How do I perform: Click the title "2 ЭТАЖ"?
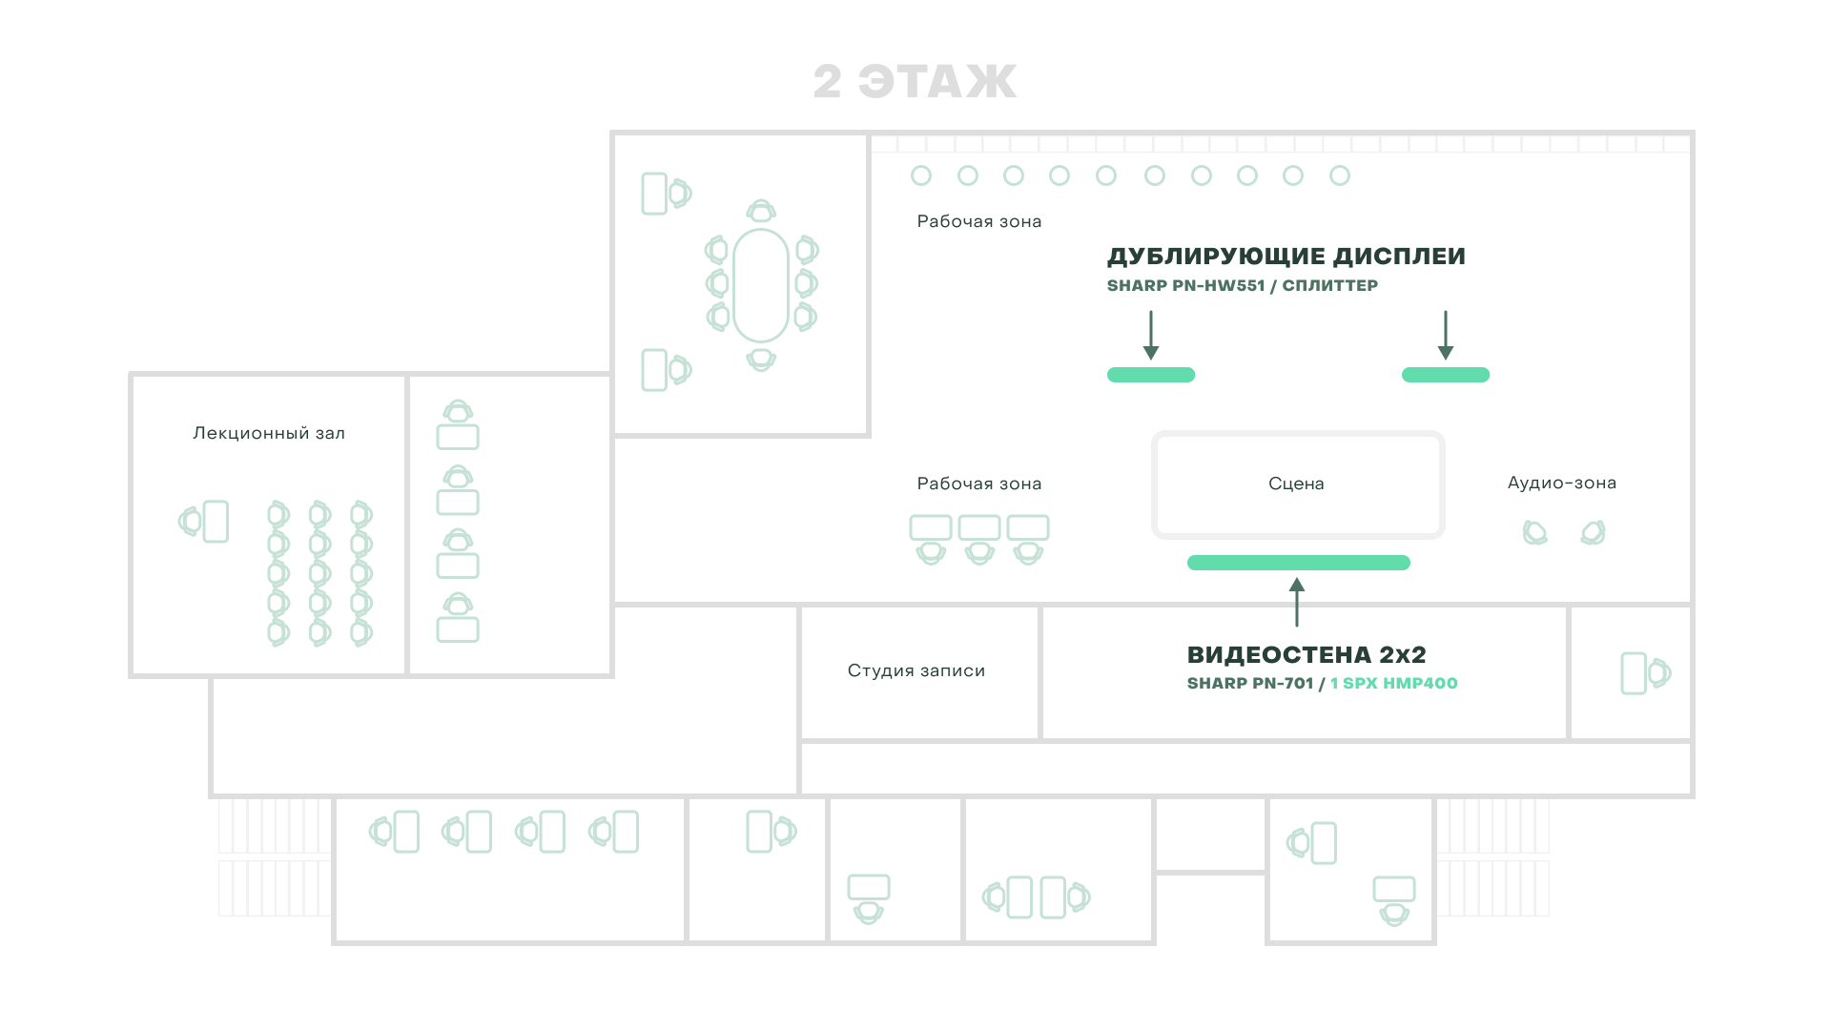tap(915, 81)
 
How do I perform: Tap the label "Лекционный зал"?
tap(269, 433)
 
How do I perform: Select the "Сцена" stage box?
tap(1298, 434)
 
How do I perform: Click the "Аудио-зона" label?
tap(1562, 483)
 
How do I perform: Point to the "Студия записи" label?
tap(916, 670)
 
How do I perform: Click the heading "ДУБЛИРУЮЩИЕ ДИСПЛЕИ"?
tap(1286, 257)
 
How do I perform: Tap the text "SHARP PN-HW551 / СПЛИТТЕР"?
tap(1243, 285)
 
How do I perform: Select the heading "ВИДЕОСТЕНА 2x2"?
tap(1306, 655)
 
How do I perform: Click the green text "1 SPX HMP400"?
tap(1394, 683)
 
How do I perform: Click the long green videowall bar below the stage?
tap(1299, 563)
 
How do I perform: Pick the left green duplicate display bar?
tap(1151, 375)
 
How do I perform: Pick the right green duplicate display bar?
tap(1446, 375)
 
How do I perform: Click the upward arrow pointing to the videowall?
tap(1297, 602)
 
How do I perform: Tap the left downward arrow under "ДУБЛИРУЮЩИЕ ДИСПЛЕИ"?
tap(1151, 335)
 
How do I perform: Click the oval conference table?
tap(733, 286)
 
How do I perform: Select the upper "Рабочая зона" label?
tap(979, 221)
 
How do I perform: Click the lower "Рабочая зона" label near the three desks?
tap(979, 484)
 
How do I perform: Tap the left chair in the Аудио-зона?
tap(1534, 532)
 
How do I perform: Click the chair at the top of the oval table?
tap(761, 211)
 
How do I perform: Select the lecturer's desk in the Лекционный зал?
tap(216, 522)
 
